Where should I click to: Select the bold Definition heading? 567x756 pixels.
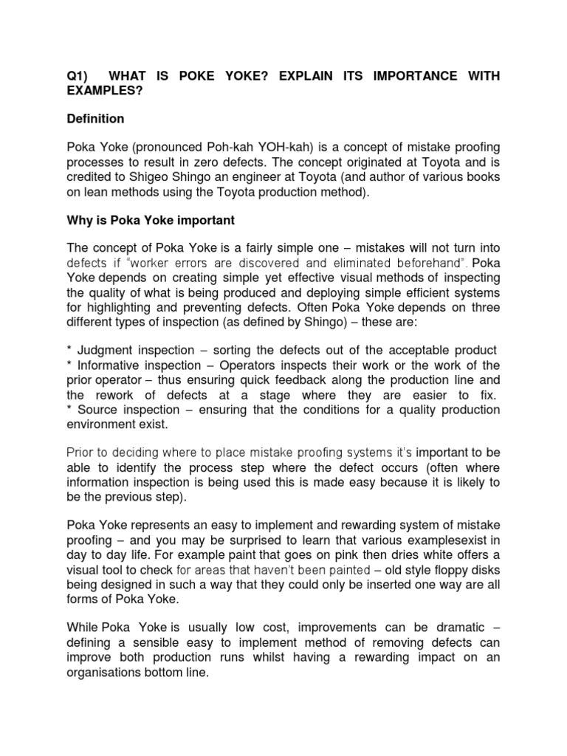(x=95, y=119)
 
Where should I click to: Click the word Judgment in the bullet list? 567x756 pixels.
(x=103, y=349)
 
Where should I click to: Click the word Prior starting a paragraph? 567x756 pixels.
(x=80, y=452)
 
